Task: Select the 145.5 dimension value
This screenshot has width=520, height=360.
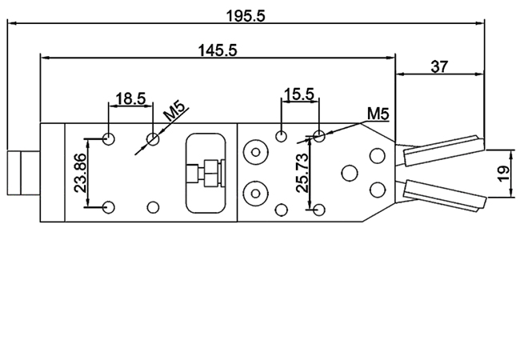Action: (x=217, y=50)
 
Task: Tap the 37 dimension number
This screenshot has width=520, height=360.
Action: (x=439, y=67)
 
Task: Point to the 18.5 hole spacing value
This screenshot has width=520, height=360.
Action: (x=130, y=99)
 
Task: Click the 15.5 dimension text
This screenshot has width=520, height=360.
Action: (x=298, y=94)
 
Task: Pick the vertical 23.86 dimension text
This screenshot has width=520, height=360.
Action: (x=78, y=173)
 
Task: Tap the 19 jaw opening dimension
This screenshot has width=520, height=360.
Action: (x=503, y=173)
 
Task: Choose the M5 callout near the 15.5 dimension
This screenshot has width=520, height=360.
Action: (x=377, y=114)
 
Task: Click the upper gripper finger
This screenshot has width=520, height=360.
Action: (x=442, y=150)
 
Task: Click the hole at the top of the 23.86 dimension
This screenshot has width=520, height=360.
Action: (x=110, y=139)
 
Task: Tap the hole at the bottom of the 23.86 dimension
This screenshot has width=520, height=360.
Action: (x=110, y=206)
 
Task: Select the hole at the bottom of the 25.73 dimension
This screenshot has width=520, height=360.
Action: (x=319, y=210)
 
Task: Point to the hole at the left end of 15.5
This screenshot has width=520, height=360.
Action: (x=280, y=135)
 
